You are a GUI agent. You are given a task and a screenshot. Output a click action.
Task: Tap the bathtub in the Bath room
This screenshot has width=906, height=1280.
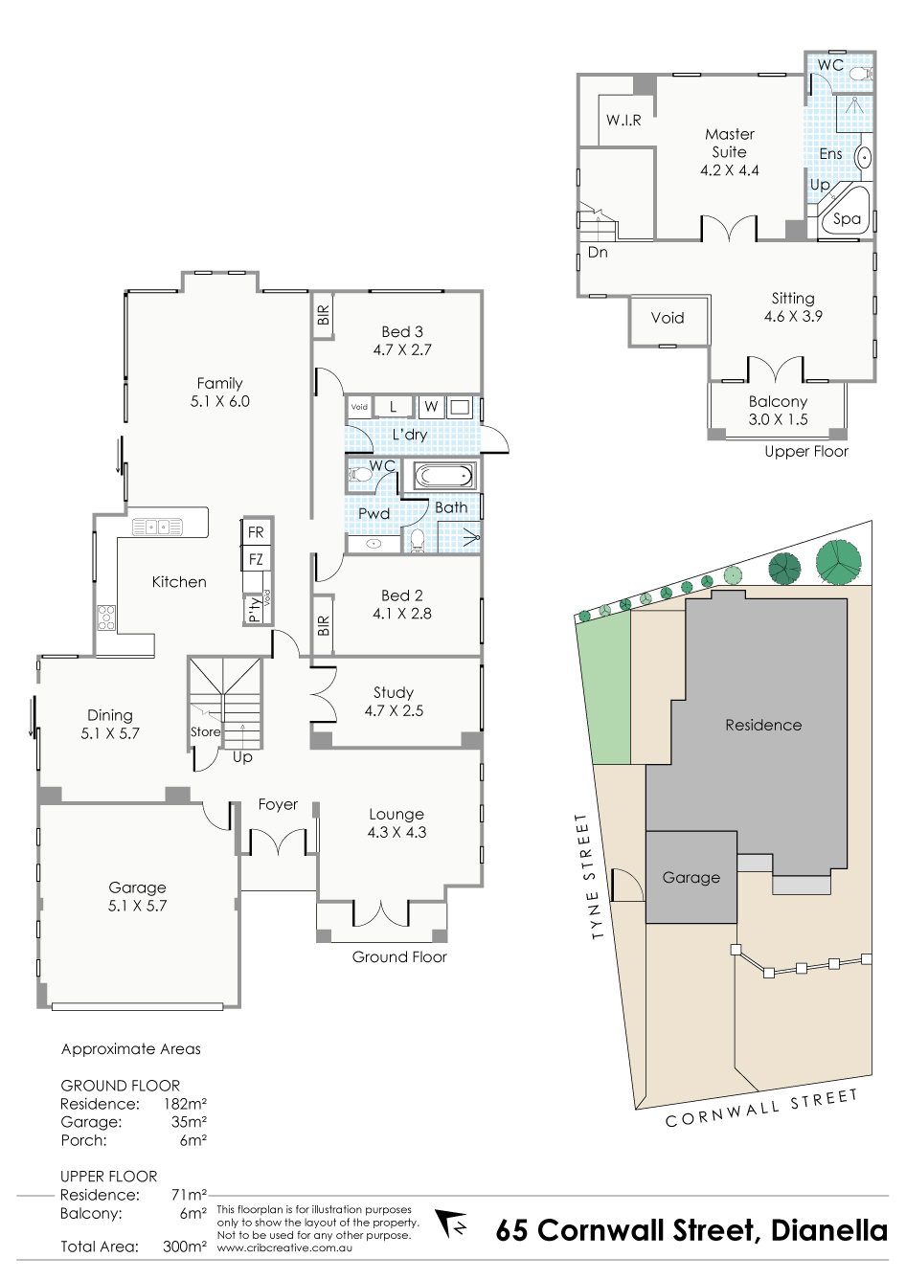(x=443, y=476)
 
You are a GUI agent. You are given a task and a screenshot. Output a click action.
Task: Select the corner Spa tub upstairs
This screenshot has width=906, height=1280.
(x=845, y=213)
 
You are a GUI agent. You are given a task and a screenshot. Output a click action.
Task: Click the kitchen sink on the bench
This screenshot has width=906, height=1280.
(x=157, y=527)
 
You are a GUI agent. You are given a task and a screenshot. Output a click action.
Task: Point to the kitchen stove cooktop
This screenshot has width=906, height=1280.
(x=106, y=618)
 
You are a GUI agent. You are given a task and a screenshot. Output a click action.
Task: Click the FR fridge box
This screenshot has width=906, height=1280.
(x=256, y=532)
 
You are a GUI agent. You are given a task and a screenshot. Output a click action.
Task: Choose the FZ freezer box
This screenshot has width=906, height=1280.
(x=256, y=559)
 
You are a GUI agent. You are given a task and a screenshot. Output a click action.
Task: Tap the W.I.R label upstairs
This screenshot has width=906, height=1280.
(x=623, y=120)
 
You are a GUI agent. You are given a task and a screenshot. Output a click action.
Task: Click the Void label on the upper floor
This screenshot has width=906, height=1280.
(x=668, y=318)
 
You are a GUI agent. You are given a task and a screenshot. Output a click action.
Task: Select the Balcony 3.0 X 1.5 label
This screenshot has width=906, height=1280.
(x=778, y=411)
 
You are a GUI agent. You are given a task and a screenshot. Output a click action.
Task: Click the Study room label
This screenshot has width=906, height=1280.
(x=394, y=702)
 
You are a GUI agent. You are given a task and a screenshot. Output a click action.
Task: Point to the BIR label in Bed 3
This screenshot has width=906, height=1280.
(x=324, y=315)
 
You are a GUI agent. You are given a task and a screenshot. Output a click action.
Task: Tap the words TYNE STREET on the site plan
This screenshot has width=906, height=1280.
(x=590, y=877)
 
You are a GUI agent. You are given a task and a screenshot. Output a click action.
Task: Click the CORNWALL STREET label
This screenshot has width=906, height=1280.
(x=762, y=1109)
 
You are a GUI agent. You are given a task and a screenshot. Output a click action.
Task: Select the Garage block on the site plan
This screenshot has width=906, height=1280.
(x=691, y=877)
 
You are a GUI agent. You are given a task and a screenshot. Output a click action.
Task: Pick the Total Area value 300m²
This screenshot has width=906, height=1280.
(x=185, y=1246)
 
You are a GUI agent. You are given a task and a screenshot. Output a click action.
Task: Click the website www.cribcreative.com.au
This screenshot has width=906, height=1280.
(x=284, y=1247)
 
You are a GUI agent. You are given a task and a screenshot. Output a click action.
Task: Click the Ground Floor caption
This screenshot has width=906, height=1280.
(x=399, y=956)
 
